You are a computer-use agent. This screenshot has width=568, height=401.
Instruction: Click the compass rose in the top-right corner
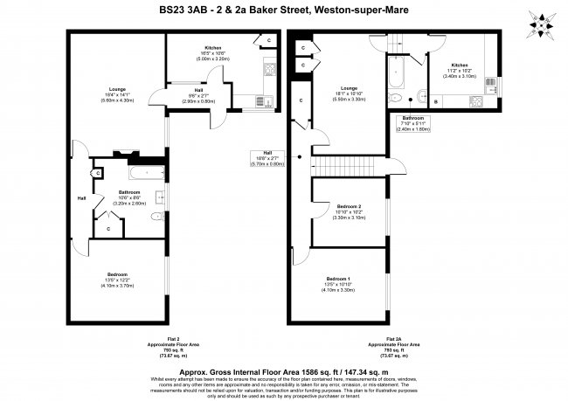point(543,25)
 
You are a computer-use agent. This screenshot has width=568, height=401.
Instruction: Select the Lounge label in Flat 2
point(117,89)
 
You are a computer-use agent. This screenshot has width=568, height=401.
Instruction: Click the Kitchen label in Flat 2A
point(460,65)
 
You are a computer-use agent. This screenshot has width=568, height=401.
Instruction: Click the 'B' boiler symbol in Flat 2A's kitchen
point(435,101)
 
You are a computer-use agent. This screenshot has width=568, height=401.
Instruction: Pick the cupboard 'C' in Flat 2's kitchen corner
point(267,41)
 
